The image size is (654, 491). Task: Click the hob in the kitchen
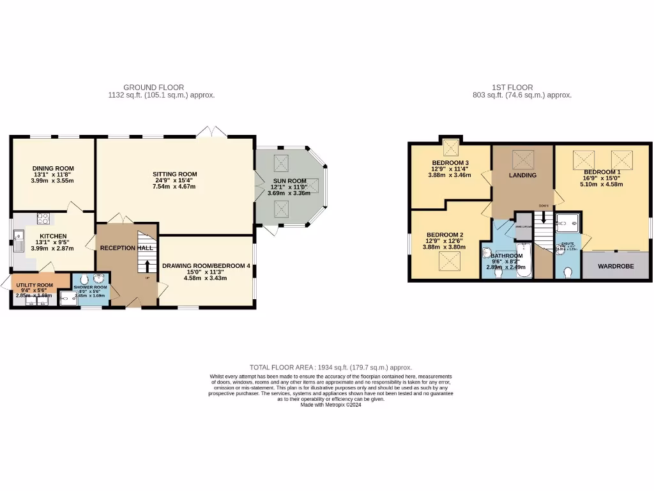point(44,218)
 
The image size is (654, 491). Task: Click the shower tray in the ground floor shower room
point(68,298)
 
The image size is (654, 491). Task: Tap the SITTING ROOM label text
point(174,174)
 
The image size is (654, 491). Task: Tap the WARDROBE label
point(616,266)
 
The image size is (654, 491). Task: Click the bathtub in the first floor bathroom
point(524,260)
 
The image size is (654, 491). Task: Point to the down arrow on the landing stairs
point(544,218)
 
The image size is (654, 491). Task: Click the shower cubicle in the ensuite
point(567,223)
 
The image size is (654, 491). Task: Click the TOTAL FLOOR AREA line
point(330,368)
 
